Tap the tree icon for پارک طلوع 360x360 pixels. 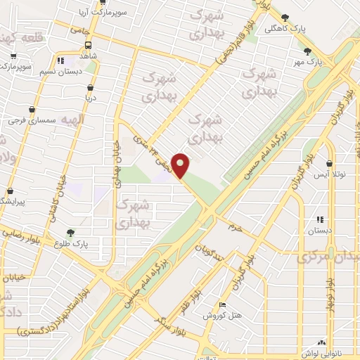(70, 233)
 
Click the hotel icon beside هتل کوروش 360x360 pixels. (223, 305)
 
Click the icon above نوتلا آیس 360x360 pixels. (329, 162)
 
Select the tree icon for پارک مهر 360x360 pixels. (307, 51)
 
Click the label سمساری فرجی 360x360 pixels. (32, 121)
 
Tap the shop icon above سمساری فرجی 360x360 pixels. (32, 110)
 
